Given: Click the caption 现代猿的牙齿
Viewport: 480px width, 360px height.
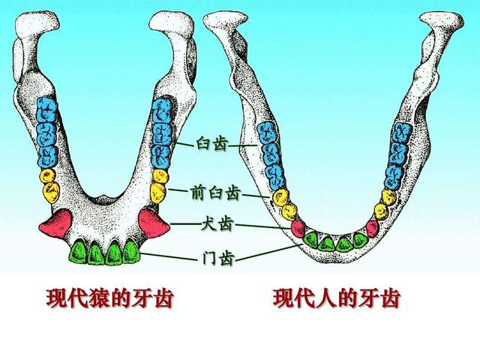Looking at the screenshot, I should pyautogui.click(x=109, y=299).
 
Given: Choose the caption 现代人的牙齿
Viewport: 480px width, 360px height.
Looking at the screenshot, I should pyautogui.click(x=337, y=299).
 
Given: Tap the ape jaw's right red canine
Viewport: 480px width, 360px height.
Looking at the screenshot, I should pyautogui.click(x=153, y=220).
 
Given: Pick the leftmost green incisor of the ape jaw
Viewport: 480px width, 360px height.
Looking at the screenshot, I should pyautogui.click(x=77, y=251).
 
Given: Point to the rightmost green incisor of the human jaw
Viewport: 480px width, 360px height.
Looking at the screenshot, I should pyautogui.click(x=361, y=239).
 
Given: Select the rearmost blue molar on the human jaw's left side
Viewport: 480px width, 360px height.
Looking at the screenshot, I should pyautogui.click(x=266, y=133).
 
